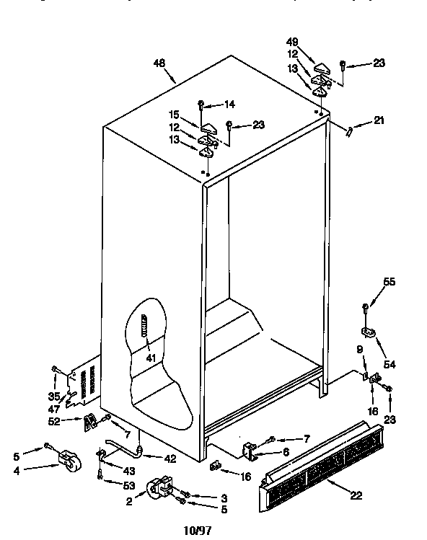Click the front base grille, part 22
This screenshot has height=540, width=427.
click(x=321, y=468)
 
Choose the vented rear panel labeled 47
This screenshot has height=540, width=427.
click(x=85, y=386)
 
